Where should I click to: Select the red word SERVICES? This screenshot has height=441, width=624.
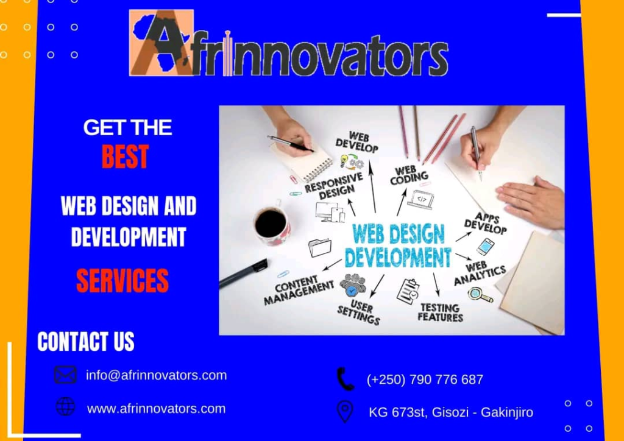(122, 280)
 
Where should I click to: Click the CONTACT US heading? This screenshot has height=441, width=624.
(86, 342)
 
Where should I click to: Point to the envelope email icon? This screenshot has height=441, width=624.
(65, 375)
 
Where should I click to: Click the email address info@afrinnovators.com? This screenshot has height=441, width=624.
(156, 375)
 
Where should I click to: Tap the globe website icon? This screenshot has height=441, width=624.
(65, 406)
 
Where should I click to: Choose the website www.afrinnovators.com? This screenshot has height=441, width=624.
(156, 409)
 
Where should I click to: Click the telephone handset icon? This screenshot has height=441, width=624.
(345, 379)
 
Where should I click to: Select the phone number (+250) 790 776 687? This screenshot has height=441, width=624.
(425, 379)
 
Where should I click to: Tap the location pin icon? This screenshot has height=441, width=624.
(345, 411)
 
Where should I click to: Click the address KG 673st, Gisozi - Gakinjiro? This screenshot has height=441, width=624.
(450, 412)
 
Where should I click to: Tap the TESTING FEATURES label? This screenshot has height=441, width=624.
(441, 312)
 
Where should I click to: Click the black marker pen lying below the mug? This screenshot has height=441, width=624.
(243, 273)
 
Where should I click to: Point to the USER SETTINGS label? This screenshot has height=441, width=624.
(359, 310)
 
